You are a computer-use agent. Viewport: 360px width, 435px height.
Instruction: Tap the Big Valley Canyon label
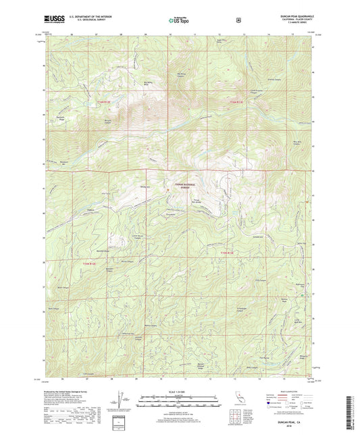click(x=181, y=76)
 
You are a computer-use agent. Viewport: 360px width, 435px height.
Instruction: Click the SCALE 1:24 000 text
click(x=179, y=390)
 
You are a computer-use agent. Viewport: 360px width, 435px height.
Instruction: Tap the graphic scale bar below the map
click(x=179, y=400)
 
